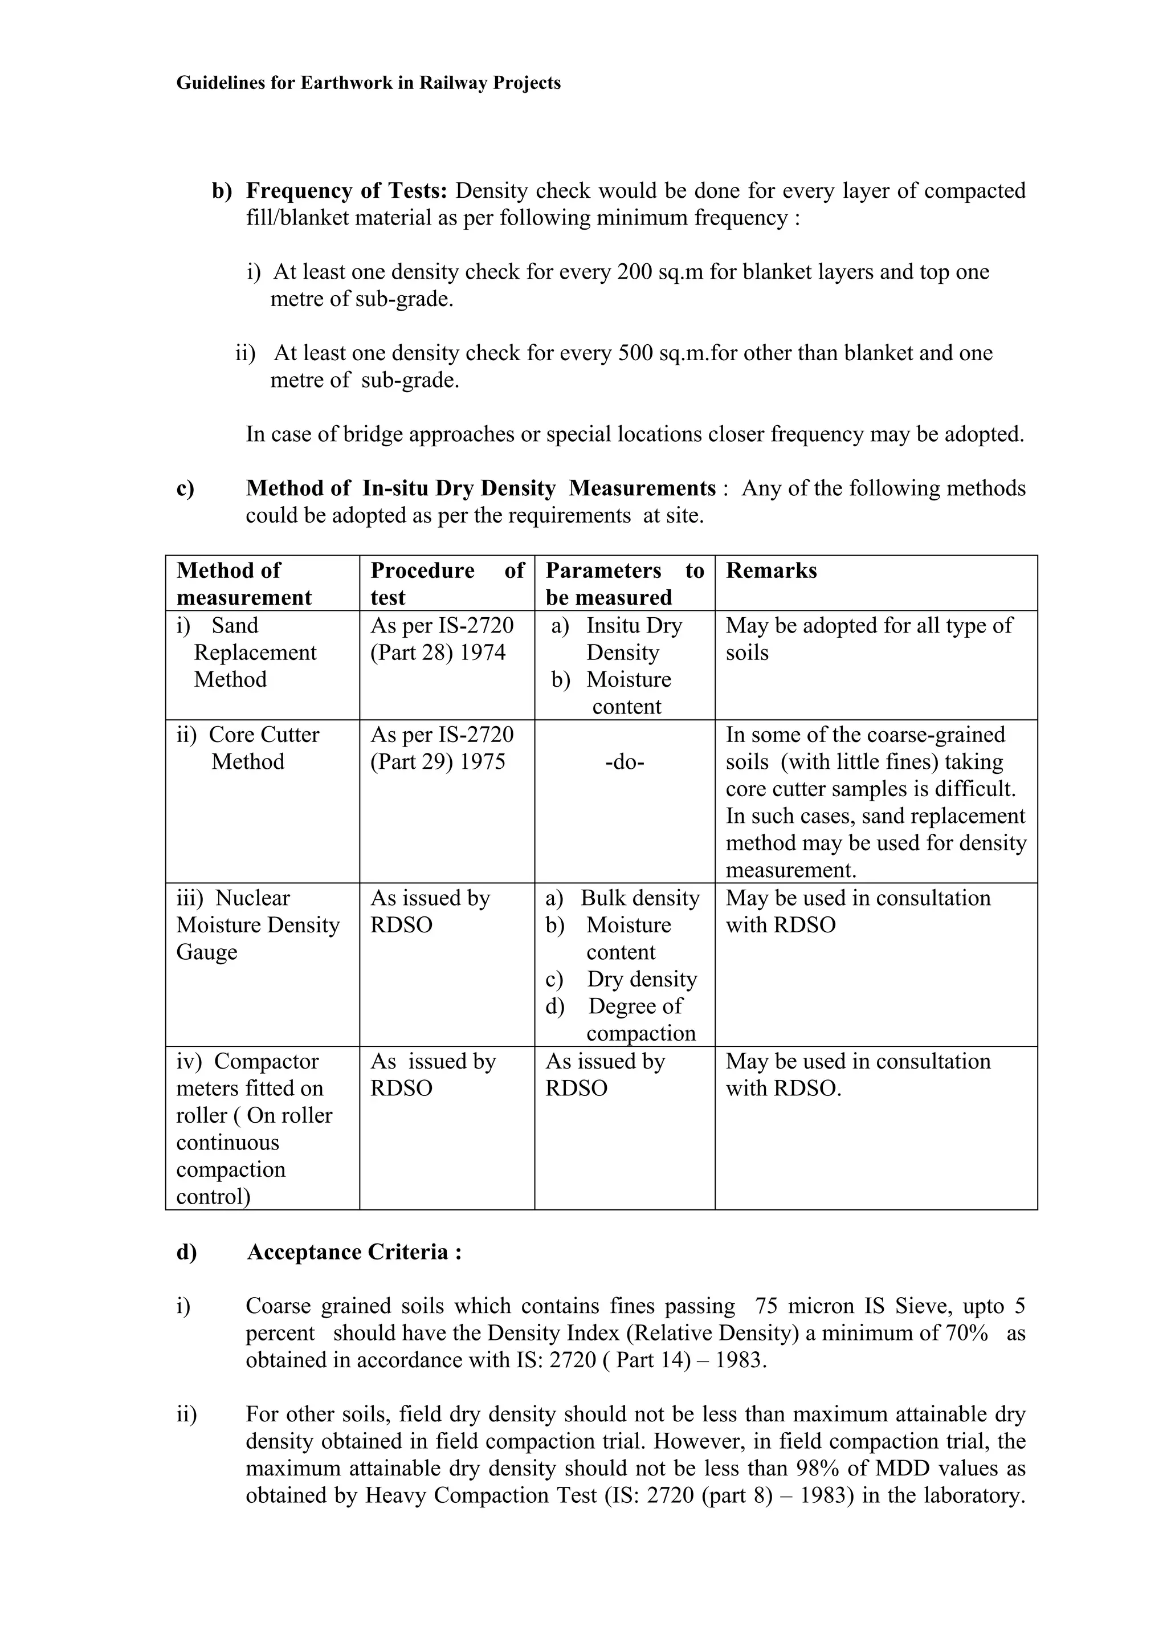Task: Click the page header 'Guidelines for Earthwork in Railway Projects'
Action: pyautogui.click(x=368, y=83)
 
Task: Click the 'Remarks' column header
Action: pyautogui.click(x=771, y=570)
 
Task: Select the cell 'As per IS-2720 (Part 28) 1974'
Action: pyautogui.click(x=442, y=638)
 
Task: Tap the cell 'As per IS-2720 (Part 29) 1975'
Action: pyautogui.click(x=442, y=748)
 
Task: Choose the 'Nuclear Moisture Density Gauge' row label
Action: pyautogui.click(x=258, y=925)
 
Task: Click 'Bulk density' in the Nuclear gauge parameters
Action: pyautogui.click(x=639, y=898)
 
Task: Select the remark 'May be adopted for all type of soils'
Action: pyautogui.click(x=868, y=638)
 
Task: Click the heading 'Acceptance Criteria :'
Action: pyautogui.click(x=354, y=1252)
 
